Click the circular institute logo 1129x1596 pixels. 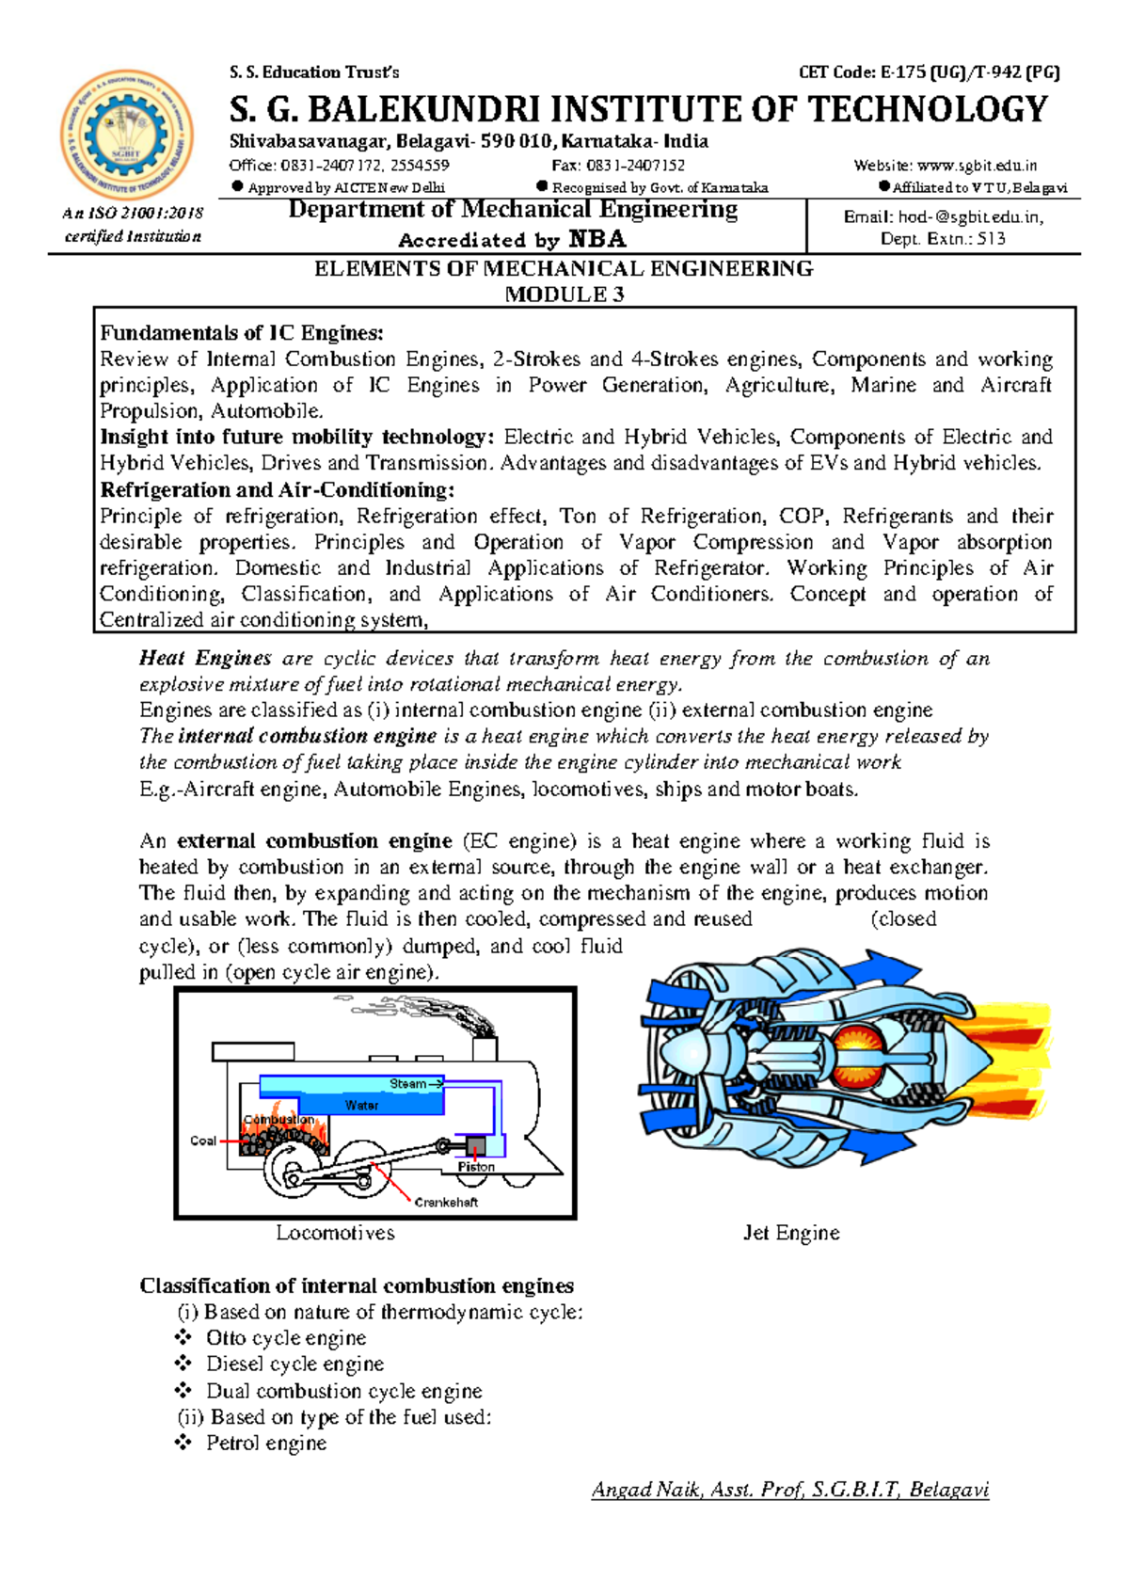pos(126,135)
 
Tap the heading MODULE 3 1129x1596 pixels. pos(564,295)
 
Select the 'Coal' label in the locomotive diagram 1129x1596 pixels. pos(203,1141)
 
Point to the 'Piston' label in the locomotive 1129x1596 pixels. pos(476,1167)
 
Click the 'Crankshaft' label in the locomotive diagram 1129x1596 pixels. pos(446,1203)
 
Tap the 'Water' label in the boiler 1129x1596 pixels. pos(361,1106)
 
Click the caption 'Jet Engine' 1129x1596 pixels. pos(790,1233)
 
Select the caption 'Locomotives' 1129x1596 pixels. pos(335,1233)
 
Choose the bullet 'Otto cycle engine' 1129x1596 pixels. pos(286,1338)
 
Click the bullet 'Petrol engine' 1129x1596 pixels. pos(266,1444)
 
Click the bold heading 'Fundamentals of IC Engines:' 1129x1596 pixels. pos(242,333)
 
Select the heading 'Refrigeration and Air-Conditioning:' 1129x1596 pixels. pos(278,490)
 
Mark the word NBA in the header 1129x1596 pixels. pos(597,239)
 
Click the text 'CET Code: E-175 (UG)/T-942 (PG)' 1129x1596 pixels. pos(929,72)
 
